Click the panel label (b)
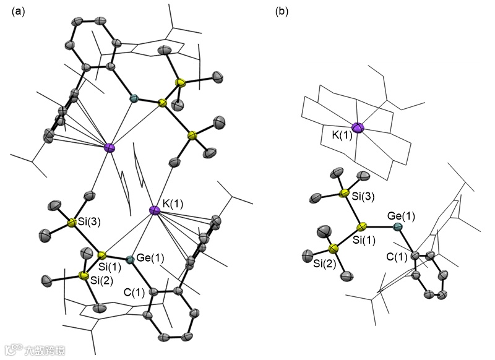pos(282,12)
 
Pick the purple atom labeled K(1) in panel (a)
pos(155,212)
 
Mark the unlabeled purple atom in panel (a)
pos(110,147)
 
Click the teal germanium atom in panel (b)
pos(397,228)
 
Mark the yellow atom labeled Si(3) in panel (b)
pos(347,194)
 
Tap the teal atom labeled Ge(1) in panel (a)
pos(129,260)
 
